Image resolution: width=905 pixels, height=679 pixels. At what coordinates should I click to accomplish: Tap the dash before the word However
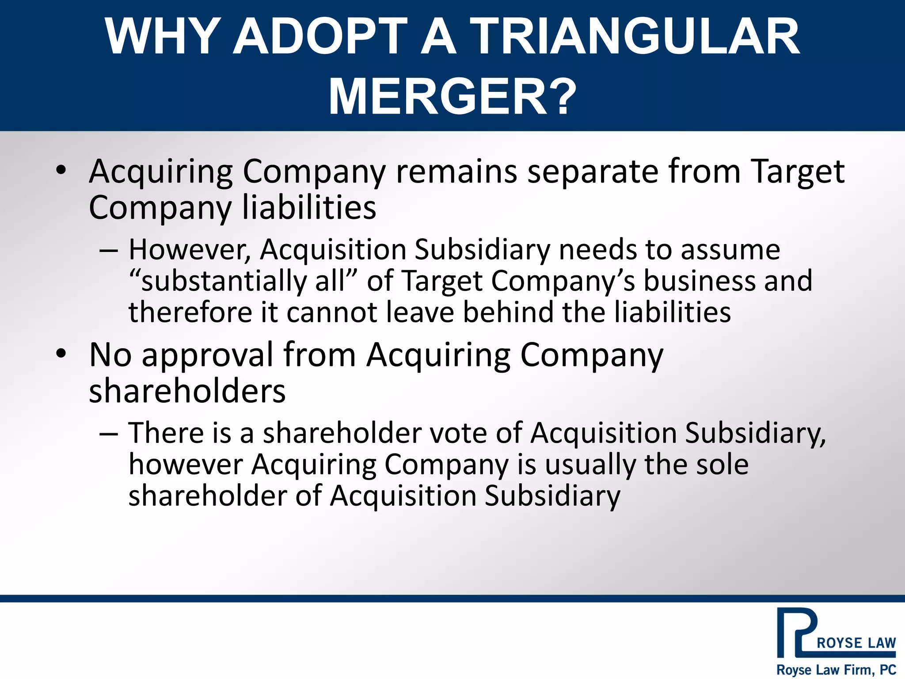click(x=109, y=251)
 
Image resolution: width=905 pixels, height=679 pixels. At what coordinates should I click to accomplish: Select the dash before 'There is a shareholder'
click(x=109, y=434)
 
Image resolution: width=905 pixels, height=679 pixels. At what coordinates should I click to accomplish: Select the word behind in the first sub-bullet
click(x=508, y=312)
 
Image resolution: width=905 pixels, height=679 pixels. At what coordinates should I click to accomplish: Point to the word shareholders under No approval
click(x=187, y=391)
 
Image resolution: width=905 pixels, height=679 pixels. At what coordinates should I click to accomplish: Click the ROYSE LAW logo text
click(x=856, y=643)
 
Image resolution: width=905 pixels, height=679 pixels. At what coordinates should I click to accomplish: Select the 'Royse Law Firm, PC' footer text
click(x=836, y=670)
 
